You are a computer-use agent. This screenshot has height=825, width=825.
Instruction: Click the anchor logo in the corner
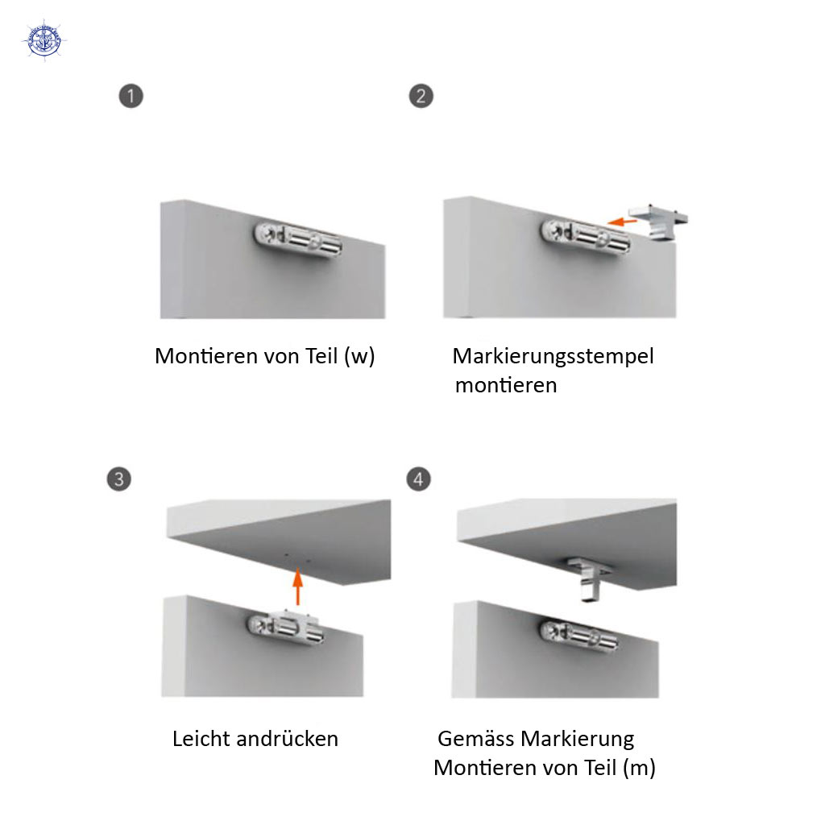coord(44,41)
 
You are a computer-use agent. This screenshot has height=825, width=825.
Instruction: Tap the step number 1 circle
coord(131,97)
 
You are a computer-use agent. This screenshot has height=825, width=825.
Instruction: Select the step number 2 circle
coord(421,97)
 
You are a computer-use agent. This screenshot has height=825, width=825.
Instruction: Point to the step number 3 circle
coord(119,479)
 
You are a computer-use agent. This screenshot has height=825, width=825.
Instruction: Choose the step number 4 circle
coord(418,479)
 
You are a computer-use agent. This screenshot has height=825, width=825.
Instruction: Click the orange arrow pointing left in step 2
coord(623,222)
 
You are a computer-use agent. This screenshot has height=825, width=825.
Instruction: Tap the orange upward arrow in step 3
coord(298,587)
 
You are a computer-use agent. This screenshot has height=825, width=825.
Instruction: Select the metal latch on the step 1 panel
coord(298,240)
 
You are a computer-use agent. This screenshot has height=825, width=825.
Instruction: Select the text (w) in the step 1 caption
coord(359,357)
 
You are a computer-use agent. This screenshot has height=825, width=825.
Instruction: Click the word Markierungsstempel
coord(553,357)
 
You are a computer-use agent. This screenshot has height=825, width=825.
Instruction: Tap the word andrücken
coord(288,739)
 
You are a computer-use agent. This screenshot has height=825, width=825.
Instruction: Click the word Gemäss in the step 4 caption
coord(476,739)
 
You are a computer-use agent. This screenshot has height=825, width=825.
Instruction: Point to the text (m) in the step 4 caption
coord(639,768)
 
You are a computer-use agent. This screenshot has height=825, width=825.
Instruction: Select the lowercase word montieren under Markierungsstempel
coord(506,386)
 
